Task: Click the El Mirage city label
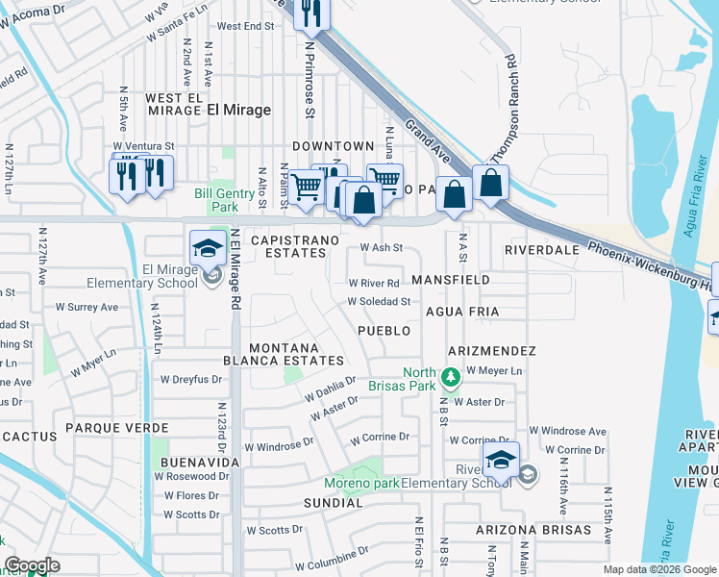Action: pos(238,110)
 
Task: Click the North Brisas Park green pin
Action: pos(449,375)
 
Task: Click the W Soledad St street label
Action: pos(379,301)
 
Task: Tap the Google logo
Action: pos(32,565)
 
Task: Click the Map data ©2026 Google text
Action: pos(659,569)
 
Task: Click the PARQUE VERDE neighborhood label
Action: pos(110,427)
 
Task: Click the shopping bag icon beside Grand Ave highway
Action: pos(490,184)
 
